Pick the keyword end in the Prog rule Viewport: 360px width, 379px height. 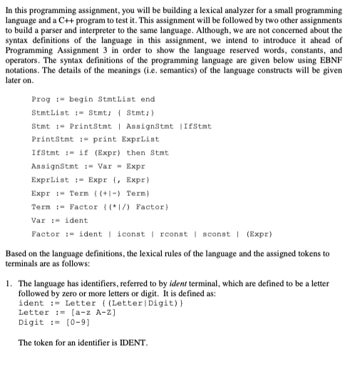(148, 100)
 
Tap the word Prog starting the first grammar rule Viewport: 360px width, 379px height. (40, 100)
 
